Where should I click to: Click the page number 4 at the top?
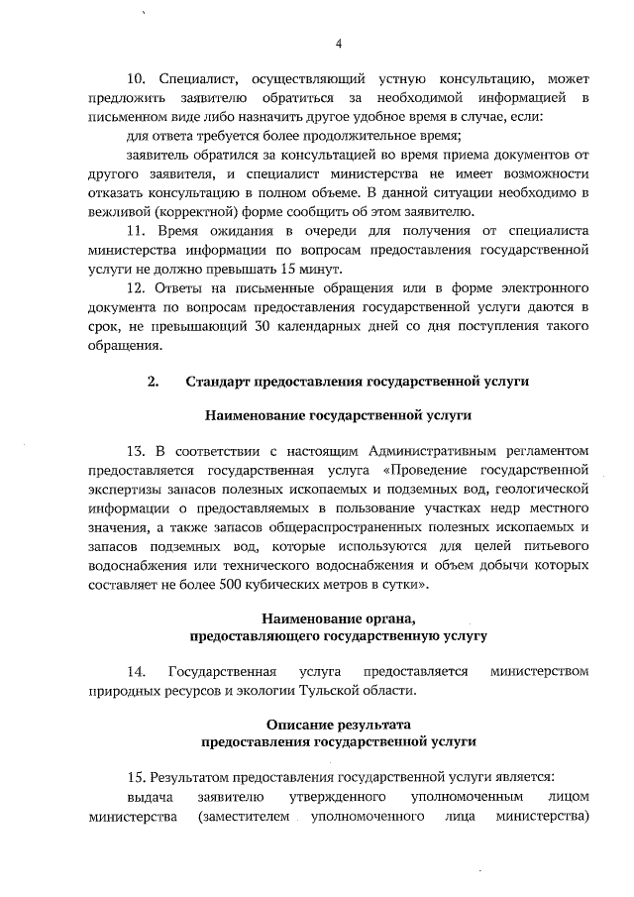[339, 44]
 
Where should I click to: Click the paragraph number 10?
[136, 77]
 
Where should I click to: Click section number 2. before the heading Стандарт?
[154, 381]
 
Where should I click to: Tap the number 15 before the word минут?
[290, 270]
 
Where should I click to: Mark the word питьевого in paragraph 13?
[556, 548]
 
